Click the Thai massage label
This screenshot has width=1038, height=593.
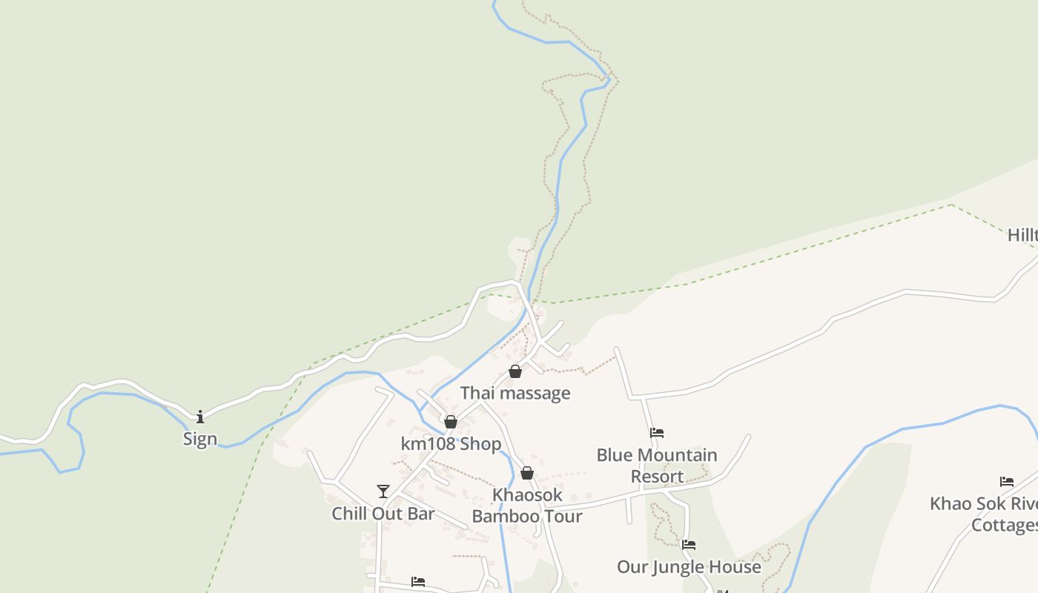[515, 393]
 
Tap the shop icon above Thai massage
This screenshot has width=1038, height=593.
[515, 371]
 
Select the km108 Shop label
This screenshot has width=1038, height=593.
[451, 444]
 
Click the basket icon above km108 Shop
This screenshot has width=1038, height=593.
[451, 422]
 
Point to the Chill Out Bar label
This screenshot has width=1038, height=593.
[383, 514]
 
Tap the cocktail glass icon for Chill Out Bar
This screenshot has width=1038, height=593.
[383, 491]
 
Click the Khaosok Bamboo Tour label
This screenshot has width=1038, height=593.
[527, 506]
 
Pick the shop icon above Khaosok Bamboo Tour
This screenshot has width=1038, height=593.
[527, 473]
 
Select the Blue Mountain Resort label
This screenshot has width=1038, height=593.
[657, 466]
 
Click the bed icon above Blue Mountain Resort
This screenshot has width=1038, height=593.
[657, 433]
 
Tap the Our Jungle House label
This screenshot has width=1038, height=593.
[689, 567]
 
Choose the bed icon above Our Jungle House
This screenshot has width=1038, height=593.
[689, 545]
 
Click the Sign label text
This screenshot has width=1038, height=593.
[200, 439]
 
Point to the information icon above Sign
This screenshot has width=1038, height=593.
[200, 417]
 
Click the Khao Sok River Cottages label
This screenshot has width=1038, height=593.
[985, 514]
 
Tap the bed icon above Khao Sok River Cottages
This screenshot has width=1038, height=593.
[1007, 482]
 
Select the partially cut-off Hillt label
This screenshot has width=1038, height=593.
[1022, 236]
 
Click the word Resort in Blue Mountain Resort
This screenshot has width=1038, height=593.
[657, 476]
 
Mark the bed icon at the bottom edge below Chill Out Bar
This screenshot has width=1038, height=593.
[418, 582]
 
